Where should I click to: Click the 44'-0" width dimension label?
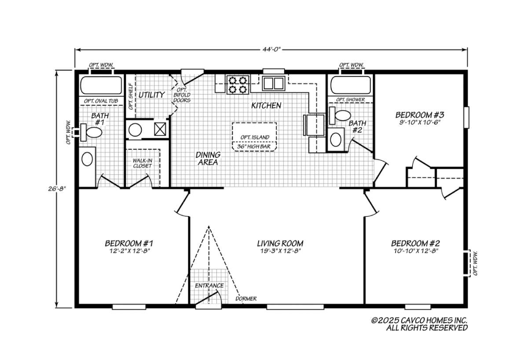pos(272,49)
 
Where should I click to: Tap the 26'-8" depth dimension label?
pos(57,189)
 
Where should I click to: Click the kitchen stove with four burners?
pos(238,84)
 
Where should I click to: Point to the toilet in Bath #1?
pos(91,132)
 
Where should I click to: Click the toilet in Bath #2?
pos(340,115)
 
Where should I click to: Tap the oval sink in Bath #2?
pos(336,140)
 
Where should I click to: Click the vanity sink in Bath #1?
pos(87,159)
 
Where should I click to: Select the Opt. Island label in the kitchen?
pos(255,137)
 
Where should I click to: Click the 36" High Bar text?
pos(253,147)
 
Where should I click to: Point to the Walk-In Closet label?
pos(143,163)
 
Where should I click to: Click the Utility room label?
pos(151,95)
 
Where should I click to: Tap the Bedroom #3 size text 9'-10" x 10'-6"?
pos(420,123)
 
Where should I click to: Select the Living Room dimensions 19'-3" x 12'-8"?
pos(280,251)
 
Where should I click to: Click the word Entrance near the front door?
pos(209,286)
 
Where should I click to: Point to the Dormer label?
pos(246,299)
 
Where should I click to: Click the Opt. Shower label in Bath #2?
pos(351,100)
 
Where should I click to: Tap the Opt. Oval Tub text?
pos(101,101)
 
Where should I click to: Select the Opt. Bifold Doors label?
pos(182,95)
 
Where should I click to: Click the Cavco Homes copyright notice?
pos(419,324)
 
